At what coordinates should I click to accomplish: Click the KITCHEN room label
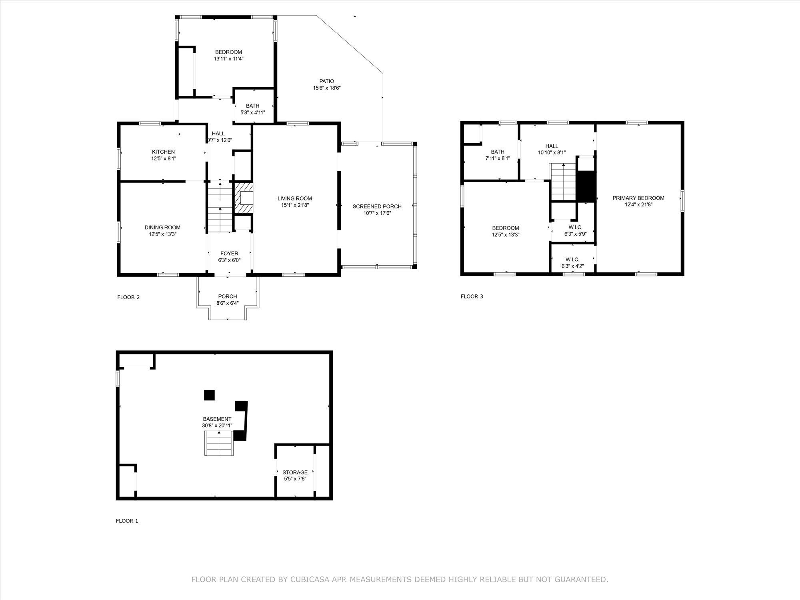click(x=163, y=152)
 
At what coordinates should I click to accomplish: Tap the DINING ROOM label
click(x=162, y=228)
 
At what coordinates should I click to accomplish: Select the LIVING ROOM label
click(x=295, y=198)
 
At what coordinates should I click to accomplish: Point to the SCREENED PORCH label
click(x=377, y=206)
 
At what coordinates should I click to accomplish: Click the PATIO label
click(x=327, y=81)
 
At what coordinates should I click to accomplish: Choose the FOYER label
click(x=229, y=254)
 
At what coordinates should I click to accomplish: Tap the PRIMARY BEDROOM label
click(x=638, y=198)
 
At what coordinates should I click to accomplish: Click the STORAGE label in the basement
click(x=295, y=472)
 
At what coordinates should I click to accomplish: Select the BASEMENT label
click(x=217, y=419)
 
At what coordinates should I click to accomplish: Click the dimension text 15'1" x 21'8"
click(x=295, y=205)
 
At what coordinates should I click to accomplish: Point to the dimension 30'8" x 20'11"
click(x=217, y=426)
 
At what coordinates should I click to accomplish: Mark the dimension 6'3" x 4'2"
click(x=572, y=266)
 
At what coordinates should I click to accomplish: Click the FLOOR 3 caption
click(x=472, y=296)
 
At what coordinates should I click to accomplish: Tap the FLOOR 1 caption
click(x=127, y=521)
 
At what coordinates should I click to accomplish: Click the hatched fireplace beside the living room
click(x=243, y=198)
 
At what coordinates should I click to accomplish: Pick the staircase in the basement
click(x=219, y=444)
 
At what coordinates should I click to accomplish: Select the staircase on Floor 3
click(x=563, y=182)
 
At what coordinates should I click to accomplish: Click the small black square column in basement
click(x=209, y=395)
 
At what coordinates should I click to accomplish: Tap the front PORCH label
click(x=228, y=296)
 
